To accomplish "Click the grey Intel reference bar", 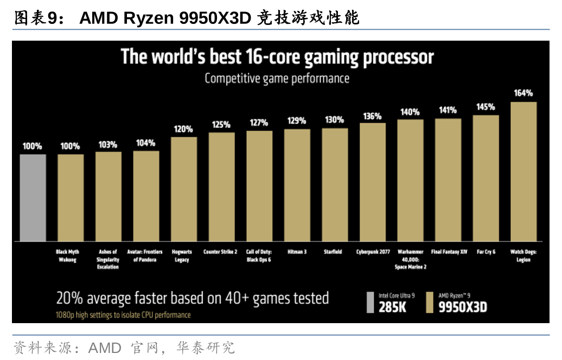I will (33, 197).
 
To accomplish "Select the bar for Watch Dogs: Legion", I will (523, 171).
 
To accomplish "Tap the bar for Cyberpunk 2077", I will (373, 182).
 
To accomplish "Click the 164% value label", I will (523, 93).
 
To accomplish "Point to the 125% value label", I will (221, 125).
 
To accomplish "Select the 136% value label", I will (373, 115).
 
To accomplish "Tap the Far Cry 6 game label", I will (486, 252).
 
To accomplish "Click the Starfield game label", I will (333, 252).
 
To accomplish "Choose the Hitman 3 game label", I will (297, 252).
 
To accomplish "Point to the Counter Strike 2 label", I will (220, 252).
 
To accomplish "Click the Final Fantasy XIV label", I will (449, 252).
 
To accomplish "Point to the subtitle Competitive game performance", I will (277, 79).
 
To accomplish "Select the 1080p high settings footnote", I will (123, 315).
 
